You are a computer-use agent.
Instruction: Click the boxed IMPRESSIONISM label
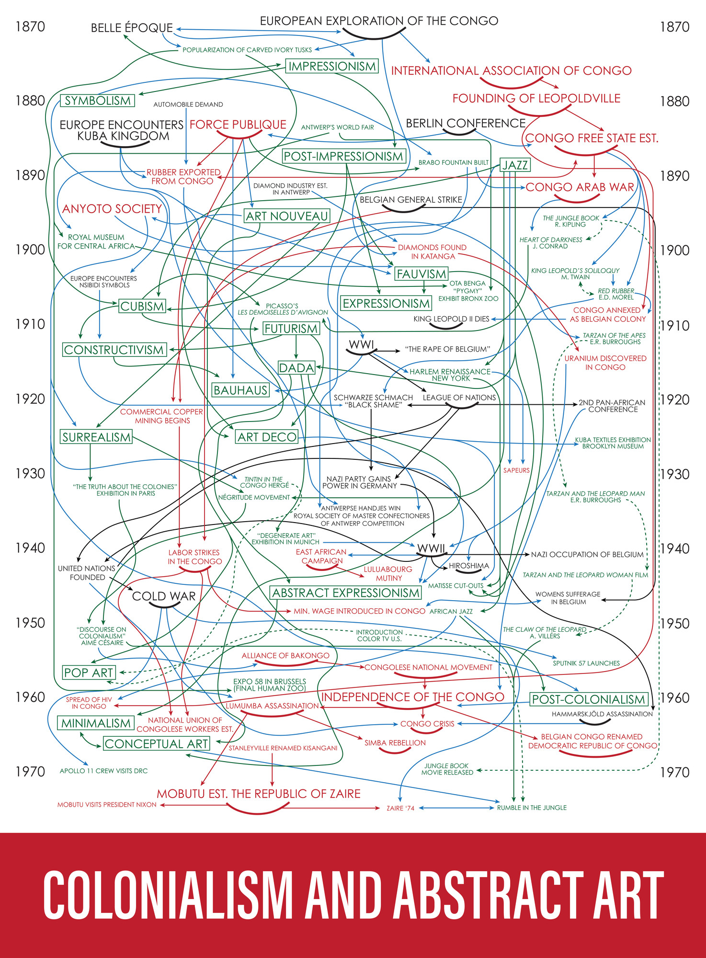coord(332,66)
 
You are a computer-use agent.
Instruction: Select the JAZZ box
coord(515,165)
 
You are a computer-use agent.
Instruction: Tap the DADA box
coord(296,368)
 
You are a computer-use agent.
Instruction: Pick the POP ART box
coord(89,673)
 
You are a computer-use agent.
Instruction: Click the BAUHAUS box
coord(240,390)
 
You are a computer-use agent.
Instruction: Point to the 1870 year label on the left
coord(30,26)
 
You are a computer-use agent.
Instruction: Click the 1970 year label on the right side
coord(674,772)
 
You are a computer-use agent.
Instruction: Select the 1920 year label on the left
coord(30,399)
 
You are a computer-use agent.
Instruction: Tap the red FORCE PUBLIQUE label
coord(238,125)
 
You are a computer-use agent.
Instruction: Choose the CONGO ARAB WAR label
coord(580,187)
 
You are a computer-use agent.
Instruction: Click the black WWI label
coord(361,344)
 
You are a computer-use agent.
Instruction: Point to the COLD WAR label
coord(164,596)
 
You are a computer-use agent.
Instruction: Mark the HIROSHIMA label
coord(468,566)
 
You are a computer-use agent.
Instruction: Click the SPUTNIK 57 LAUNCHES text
coord(586,663)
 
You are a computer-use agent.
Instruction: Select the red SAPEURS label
coord(516,470)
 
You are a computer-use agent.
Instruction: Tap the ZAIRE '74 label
coord(400,808)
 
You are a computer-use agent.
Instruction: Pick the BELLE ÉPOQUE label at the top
coord(132,28)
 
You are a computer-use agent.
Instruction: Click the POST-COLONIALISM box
coord(589,699)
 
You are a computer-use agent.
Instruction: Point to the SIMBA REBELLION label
coord(395,743)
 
